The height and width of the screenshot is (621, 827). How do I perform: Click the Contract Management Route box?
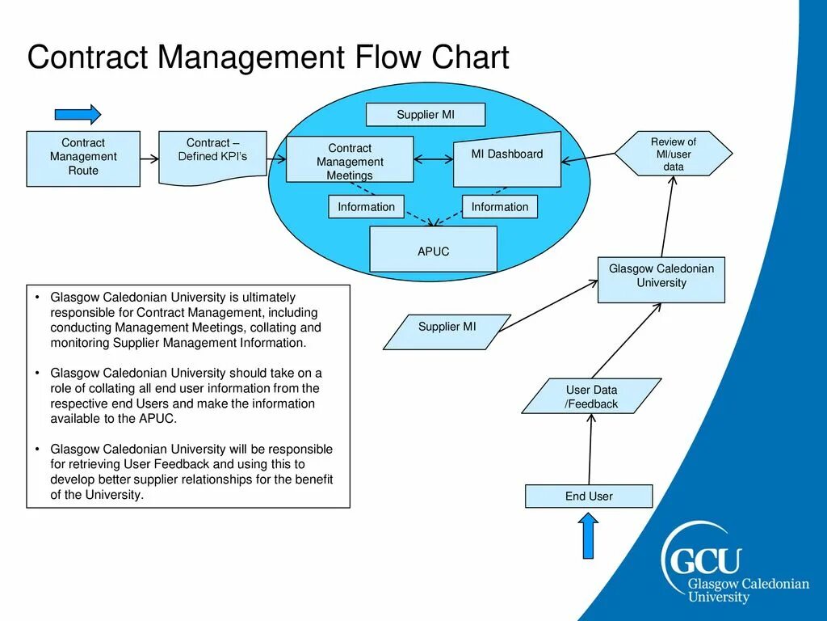pos(83,158)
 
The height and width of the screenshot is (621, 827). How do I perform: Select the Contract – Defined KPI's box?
pos(212,154)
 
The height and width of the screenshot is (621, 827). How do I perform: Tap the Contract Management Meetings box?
pos(350,160)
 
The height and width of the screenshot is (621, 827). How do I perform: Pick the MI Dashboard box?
pos(507,156)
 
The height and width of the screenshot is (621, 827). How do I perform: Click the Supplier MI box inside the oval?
pos(426,115)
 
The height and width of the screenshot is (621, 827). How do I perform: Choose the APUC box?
pos(433,250)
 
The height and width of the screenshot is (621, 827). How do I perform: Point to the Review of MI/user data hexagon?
pos(674,154)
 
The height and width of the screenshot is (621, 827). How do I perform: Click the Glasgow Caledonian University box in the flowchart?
pos(661,279)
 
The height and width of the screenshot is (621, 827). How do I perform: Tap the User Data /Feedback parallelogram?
pos(591,396)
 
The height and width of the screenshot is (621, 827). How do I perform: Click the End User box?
pos(588,496)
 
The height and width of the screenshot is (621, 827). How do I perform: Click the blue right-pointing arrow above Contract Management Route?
pos(78,114)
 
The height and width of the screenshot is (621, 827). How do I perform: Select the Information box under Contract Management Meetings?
pos(366,207)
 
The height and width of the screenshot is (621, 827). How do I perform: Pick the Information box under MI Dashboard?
pos(499,207)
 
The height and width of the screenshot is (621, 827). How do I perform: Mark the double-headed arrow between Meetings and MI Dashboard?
pos(434,160)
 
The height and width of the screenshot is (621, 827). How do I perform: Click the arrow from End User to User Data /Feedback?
pos(590,450)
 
